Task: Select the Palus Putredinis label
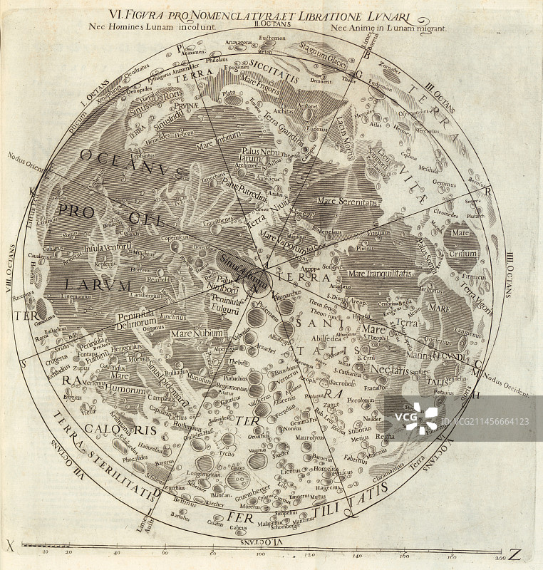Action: [243, 187]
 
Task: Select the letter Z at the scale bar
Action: [514, 554]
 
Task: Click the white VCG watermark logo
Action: [421, 418]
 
